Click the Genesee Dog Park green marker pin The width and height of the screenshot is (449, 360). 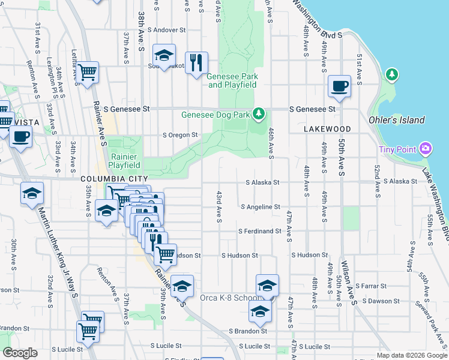point(259,113)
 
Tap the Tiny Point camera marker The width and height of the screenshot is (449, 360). point(426,148)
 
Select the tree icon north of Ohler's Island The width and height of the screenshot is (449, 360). point(392,74)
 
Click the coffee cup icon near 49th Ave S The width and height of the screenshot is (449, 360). point(339,85)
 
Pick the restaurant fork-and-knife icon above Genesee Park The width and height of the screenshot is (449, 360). point(196,62)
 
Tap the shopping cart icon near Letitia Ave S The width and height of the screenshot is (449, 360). point(88,73)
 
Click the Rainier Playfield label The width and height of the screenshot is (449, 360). point(125,161)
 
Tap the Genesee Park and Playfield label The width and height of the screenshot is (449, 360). point(232,80)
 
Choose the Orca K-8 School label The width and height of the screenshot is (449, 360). point(229,298)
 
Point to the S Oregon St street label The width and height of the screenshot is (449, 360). point(180,135)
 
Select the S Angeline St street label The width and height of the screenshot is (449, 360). point(261,206)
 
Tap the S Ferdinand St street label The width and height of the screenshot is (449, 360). point(259,231)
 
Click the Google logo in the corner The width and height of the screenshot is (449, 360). point(20,353)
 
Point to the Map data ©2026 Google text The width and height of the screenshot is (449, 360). point(411,355)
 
